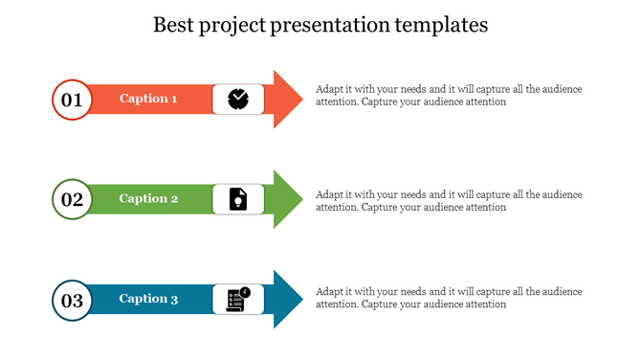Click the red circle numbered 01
72,99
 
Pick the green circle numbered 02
72,199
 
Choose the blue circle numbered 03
72,300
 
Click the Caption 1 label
148,99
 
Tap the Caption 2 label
148,199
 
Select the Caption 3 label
148,300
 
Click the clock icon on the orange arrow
237,99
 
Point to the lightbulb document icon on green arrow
237,199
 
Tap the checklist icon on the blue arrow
235,301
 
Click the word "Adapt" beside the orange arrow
330,89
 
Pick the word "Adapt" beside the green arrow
330,194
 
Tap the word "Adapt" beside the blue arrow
330,291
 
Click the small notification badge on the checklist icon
245,291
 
